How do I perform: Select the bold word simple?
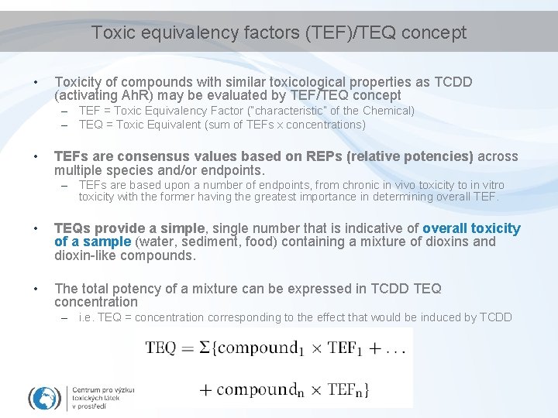tap(184, 228)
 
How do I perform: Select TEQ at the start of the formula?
tap(160, 348)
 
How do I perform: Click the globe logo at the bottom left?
tap(44, 397)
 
